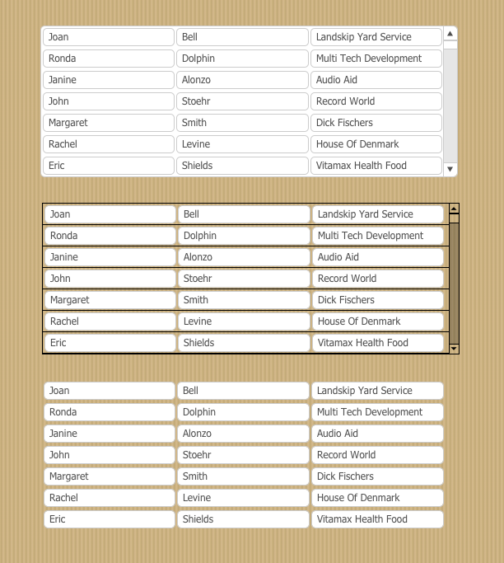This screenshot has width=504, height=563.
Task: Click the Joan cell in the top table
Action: pos(108,37)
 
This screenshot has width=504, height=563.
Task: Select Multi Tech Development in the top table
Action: pos(376,59)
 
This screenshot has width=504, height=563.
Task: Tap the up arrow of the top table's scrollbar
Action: pos(450,34)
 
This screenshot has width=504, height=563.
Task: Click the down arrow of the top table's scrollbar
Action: pos(450,169)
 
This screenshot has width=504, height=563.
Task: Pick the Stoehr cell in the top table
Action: pos(242,101)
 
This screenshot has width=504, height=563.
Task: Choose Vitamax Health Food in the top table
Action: pos(376,166)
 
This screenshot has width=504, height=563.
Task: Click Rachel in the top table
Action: pos(108,144)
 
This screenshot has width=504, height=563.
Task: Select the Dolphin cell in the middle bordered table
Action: pos(244,236)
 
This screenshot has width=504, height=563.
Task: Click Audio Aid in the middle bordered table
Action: pos(377,257)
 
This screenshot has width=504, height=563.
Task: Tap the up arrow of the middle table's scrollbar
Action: pos(454,209)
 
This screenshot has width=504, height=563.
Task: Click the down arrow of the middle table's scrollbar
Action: pos(454,349)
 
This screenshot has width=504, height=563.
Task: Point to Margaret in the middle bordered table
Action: pos(110,300)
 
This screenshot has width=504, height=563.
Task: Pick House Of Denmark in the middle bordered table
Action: pos(377,321)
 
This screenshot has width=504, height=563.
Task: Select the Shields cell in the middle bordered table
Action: pos(244,343)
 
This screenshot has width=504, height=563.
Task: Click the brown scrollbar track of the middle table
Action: pos(454,280)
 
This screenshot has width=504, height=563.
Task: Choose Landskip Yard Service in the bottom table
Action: pos(377,391)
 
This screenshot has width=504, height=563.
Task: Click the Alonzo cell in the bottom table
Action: pos(243,434)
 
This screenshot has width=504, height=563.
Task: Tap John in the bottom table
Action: pos(109,455)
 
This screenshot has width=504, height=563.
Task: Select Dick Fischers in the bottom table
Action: pos(377,476)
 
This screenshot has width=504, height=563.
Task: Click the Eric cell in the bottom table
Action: pos(109,519)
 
